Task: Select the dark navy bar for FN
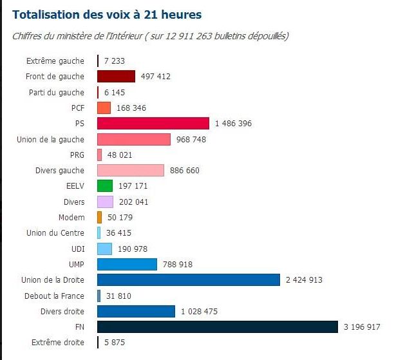[217, 327]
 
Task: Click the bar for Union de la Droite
[189, 279]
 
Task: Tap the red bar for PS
[153, 123]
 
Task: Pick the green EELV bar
[105, 185]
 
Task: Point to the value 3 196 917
[362, 327]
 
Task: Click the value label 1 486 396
[233, 124]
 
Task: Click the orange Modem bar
[100, 217]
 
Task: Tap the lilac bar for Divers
[105, 202]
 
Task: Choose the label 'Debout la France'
[54, 296]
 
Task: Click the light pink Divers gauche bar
[131, 170]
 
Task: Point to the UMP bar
[127, 264]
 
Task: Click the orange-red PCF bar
[104, 108]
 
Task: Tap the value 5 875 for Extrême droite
[115, 343]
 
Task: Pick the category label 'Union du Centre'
[55, 233]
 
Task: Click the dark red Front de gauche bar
[116, 77]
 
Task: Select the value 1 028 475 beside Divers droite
[199, 312]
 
